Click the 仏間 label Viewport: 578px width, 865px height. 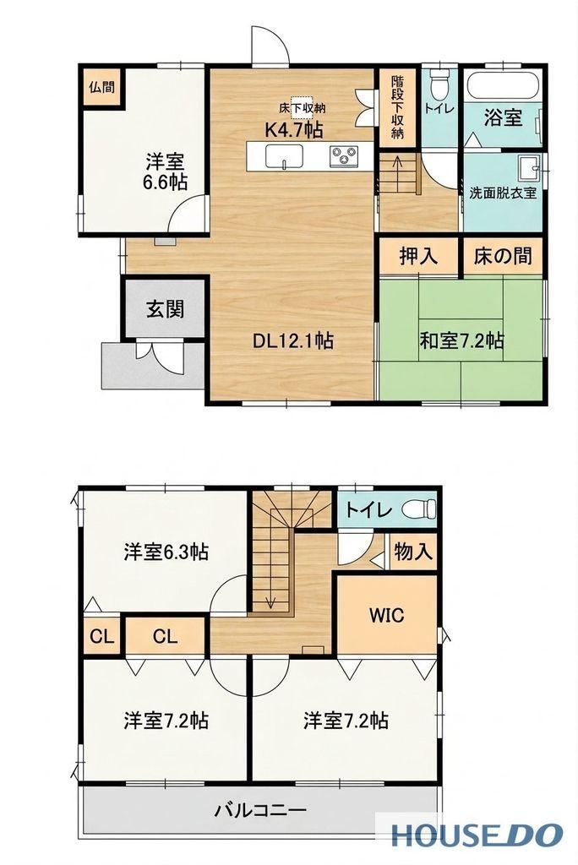pos(101,87)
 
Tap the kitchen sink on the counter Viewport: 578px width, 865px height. pos(284,155)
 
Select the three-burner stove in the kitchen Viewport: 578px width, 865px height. pos(345,155)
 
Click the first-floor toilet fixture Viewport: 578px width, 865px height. pos(439,82)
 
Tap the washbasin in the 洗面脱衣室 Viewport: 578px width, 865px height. pos(528,168)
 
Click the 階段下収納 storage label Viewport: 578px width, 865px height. pos(397,107)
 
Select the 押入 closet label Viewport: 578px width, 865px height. pos(418,256)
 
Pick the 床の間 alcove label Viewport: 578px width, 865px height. pos(503,256)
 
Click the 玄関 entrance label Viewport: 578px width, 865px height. pos(165,309)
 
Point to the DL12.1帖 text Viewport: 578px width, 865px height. pos(292,341)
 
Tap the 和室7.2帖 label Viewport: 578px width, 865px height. pos(461,341)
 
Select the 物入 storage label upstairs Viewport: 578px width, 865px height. pos(413,551)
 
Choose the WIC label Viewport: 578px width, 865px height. pos(386,615)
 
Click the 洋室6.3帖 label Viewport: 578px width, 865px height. pos(166,552)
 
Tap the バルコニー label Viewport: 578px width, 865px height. pos(260,810)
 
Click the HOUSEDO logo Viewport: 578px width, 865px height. pos(477,835)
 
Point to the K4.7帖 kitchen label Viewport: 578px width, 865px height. pos(294,129)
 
